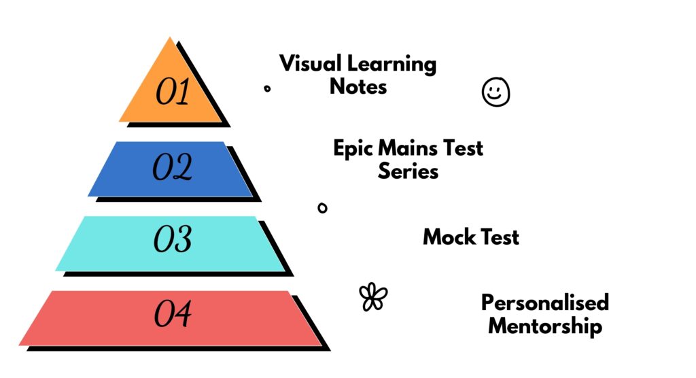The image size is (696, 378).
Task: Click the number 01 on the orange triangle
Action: coord(173,92)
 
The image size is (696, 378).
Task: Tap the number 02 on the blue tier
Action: coord(172,167)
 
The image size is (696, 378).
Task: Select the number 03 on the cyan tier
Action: coord(173,239)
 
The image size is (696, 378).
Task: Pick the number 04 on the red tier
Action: coord(173,313)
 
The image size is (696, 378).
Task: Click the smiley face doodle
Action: coord(495,92)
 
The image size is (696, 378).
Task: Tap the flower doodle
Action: coord(373,296)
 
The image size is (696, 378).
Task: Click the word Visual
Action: coord(310,63)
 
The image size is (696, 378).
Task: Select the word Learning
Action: coord(392,65)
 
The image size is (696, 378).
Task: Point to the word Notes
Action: coord(358,86)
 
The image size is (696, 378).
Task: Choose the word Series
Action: coord(408,171)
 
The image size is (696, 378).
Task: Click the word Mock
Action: coord(449,237)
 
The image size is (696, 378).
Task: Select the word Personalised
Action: coord(545,303)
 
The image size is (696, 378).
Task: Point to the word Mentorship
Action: coord(545,326)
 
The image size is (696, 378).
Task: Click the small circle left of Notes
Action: coord(267,88)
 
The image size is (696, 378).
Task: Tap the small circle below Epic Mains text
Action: coord(323,207)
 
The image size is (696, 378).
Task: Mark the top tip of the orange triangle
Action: coord(170,37)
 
